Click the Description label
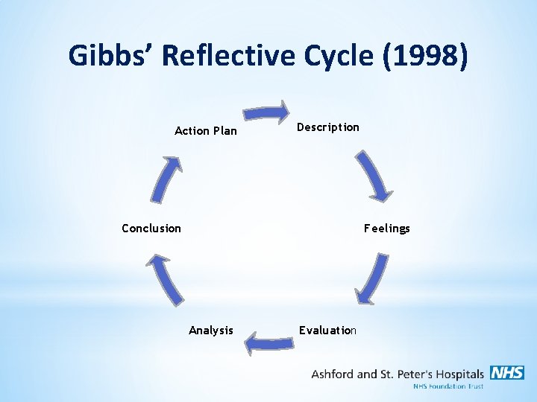[327, 127]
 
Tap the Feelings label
[386, 229]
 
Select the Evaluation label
[327, 331]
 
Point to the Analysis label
[210, 331]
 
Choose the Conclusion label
[151, 229]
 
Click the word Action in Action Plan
[192, 131]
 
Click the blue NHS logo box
[507, 373]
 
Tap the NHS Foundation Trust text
[448, 386]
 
